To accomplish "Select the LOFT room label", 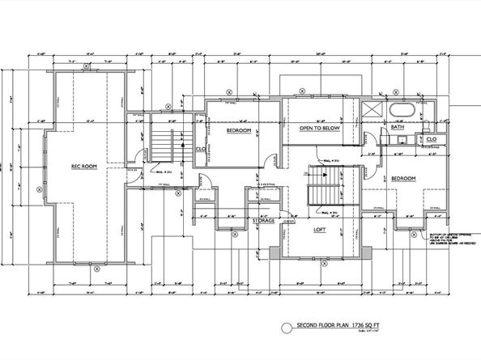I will tap(320, 229).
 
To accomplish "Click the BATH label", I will tap(398, 127).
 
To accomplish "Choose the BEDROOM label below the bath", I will tap(402, 178).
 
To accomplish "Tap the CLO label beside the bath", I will tap(431, 139).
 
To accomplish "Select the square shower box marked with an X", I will tap(371, 112).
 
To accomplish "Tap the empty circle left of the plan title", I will tap(283, 327).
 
